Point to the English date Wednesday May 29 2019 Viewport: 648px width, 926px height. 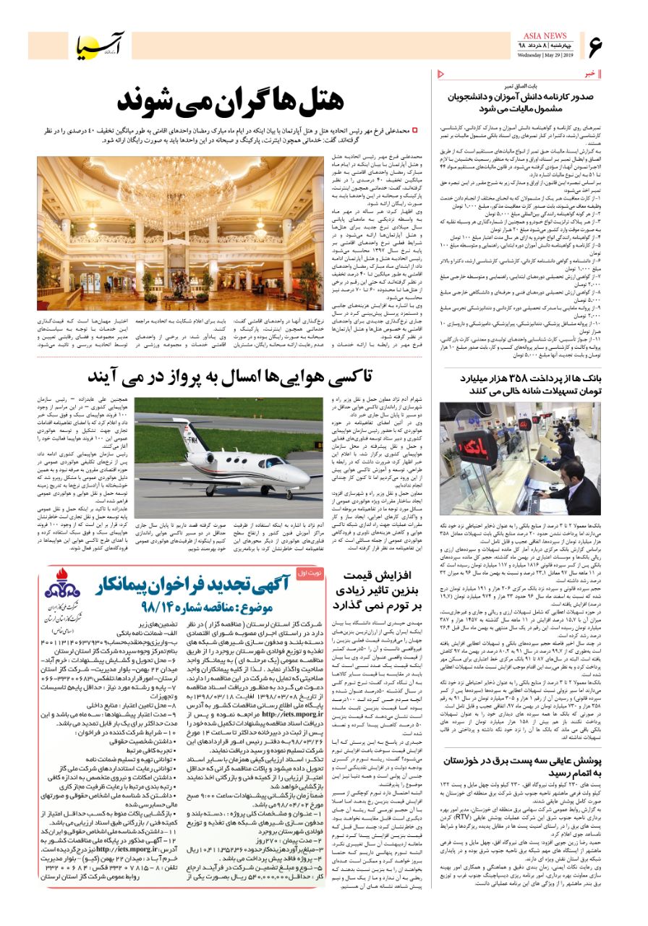click(x=545, y=55)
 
